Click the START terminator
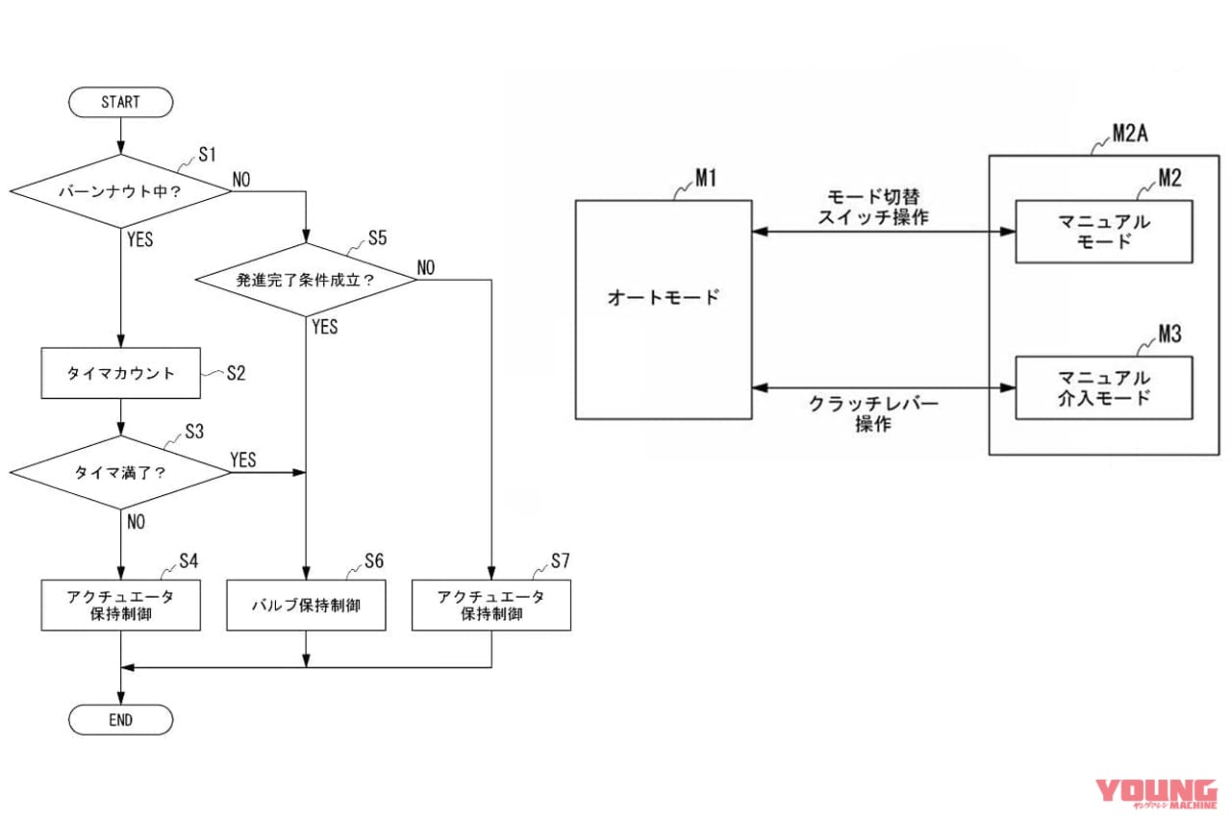[120, 102]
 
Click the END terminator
[120, 719]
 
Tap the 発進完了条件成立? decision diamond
[305, 281]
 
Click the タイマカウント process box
[120, 373]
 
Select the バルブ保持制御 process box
[306, 606]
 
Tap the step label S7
[561, 560]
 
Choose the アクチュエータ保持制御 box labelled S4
[120, 606]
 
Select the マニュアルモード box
[1104, 232]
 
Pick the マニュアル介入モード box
[1104, 387]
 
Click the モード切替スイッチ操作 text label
[872, 208]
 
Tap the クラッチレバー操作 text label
[872, 414]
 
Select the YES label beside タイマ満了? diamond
[243, 460]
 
